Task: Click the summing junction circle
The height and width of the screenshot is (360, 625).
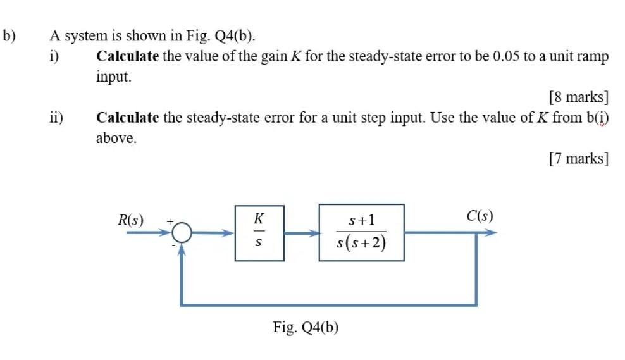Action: tap(182, 233)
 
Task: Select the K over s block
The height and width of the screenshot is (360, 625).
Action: tap(259, 232)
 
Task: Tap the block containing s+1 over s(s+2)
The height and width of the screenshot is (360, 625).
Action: tap(361, 232)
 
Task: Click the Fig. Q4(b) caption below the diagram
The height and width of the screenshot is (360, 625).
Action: tap(306, 327)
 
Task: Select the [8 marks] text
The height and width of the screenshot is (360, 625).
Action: tap(579, 97)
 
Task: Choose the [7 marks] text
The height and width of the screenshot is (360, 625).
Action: tap(579, 158)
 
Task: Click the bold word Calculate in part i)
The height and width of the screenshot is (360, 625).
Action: tap(127, 56)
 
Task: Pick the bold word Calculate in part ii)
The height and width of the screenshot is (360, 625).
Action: tap(127, 118)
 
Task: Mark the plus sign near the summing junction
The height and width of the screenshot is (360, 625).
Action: tap(170, 221)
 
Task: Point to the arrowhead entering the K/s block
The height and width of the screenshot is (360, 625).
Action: tap(229, 233)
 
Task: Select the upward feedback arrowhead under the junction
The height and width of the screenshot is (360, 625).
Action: tap(182, 249)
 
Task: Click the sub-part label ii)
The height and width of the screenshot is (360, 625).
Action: tap(57, 118)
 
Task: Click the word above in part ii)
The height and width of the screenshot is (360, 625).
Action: tap(116, 138)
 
